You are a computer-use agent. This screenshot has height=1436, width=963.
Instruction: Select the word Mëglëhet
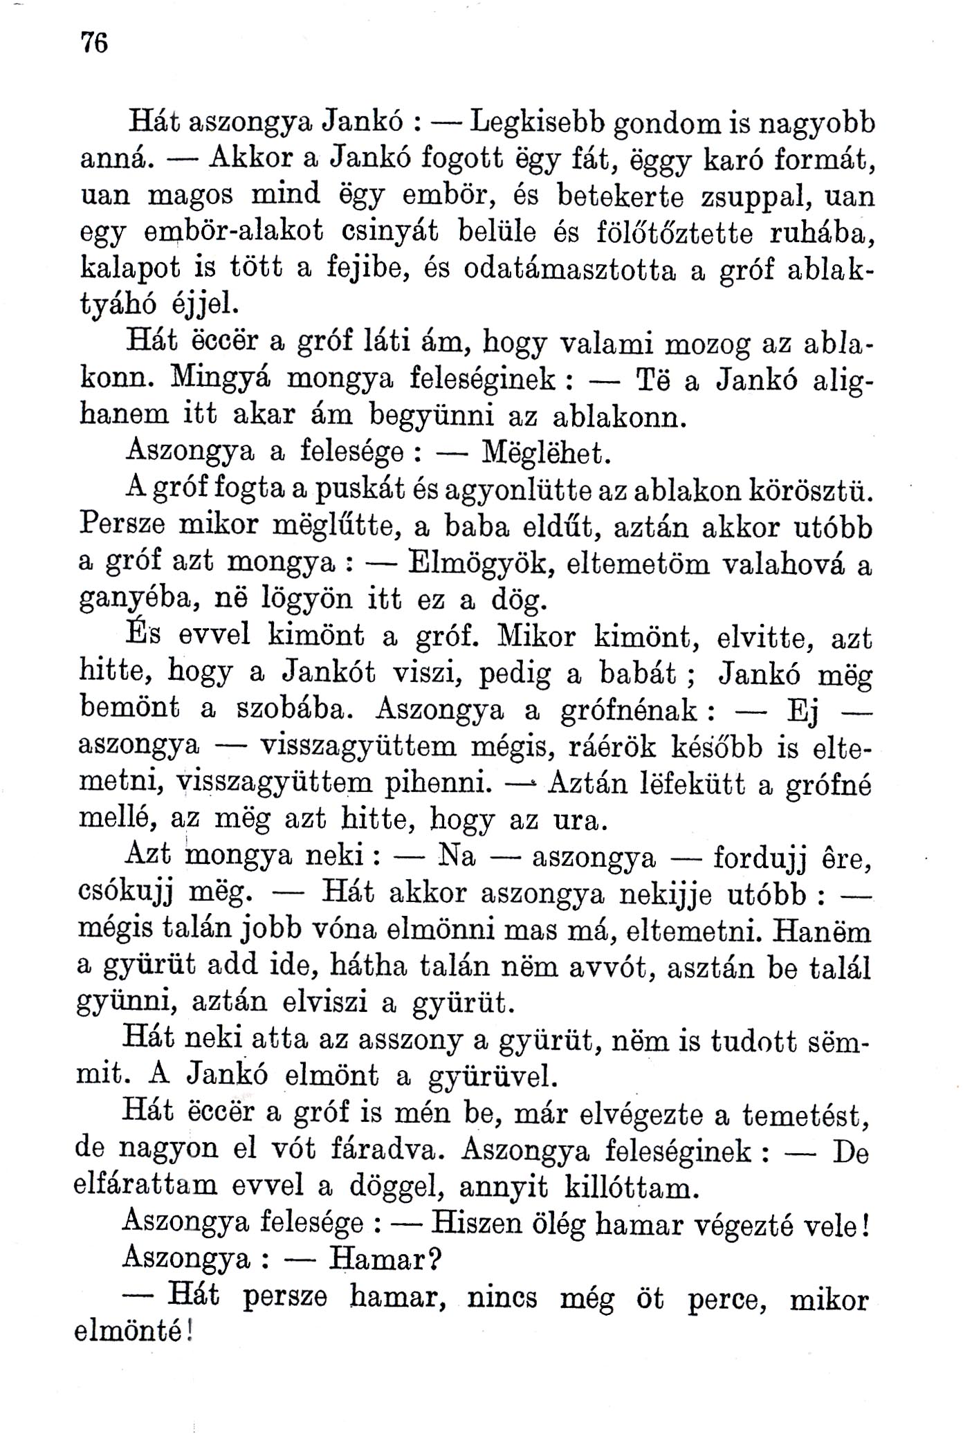[x=546, y=453]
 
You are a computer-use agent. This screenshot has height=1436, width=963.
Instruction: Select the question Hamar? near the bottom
[x=385, y=1260]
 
